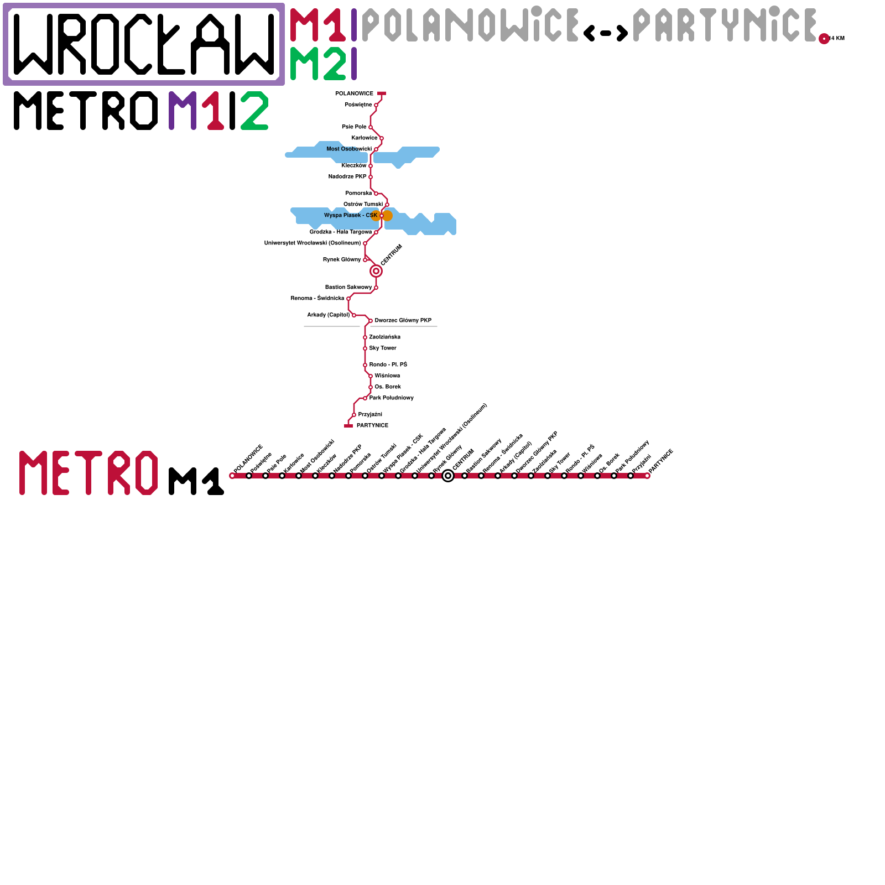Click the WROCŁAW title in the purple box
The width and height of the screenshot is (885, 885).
click(x=144, y=44)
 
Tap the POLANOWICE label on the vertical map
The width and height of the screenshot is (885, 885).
click(x=354, y=94)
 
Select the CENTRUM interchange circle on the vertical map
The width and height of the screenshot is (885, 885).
click(x=376, y=271)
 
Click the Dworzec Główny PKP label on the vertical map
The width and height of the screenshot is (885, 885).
click(x=403, y=321)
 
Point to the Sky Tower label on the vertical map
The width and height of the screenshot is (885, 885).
click(x=383, y=348)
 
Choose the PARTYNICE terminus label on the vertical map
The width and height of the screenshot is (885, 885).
click(x=372, y=426)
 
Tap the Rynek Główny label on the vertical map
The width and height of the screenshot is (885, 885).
click(x=342, y=260)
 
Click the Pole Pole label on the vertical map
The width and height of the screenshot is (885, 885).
click(x=354, y=127)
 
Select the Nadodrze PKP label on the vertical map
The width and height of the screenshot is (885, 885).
click(x=347, y=177)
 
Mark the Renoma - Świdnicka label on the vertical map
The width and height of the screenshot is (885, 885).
click(x=317, y=299)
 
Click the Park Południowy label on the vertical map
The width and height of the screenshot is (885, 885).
click(x=392, y=398)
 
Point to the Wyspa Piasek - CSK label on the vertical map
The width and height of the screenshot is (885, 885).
click(x=351, y=216)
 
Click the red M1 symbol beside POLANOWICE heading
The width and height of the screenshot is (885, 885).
click(x=318, y=25)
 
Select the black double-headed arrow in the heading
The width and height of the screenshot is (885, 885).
click(x=606, y=33)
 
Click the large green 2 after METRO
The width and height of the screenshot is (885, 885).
click(x=254, y=111)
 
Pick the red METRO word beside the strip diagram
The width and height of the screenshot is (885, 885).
click(x=88, y=473)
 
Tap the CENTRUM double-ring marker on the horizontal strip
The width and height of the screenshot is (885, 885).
click(x=448, y=476)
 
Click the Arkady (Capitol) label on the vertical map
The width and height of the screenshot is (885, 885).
click(x=329, y=315)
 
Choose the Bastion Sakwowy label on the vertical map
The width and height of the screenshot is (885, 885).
click(x=348, y=288)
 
